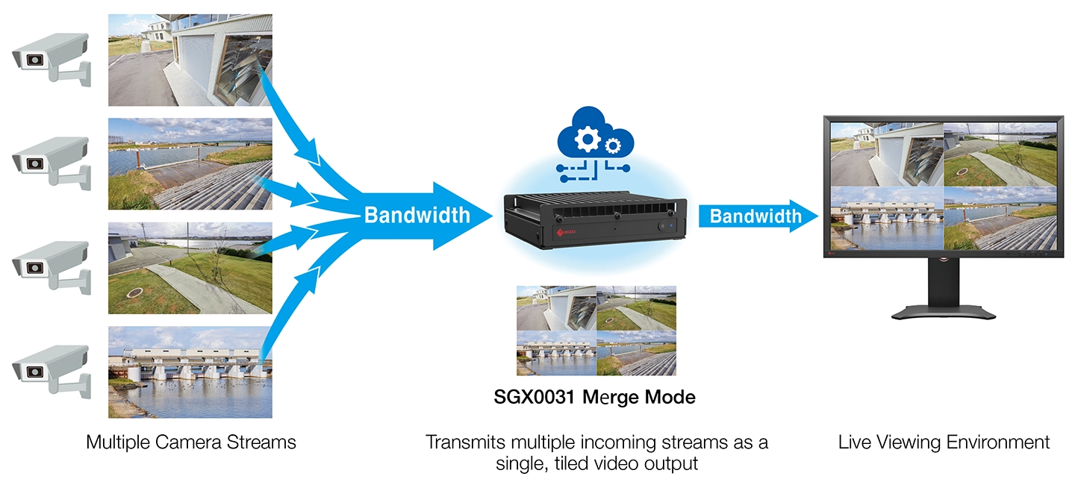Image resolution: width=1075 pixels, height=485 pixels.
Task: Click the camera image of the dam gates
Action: click(190, 372)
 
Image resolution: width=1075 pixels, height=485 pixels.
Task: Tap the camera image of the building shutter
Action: click(190, 60)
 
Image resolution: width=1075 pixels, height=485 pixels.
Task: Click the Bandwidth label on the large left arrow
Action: click(417, 216)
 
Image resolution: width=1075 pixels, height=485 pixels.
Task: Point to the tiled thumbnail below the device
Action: click(596, 330)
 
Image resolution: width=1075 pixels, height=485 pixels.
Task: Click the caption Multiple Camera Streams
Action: click(190, 442)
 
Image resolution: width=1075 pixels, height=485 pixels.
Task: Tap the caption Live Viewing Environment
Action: click(944, 442)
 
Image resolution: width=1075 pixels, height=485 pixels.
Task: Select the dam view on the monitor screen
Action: click(886, 217)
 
